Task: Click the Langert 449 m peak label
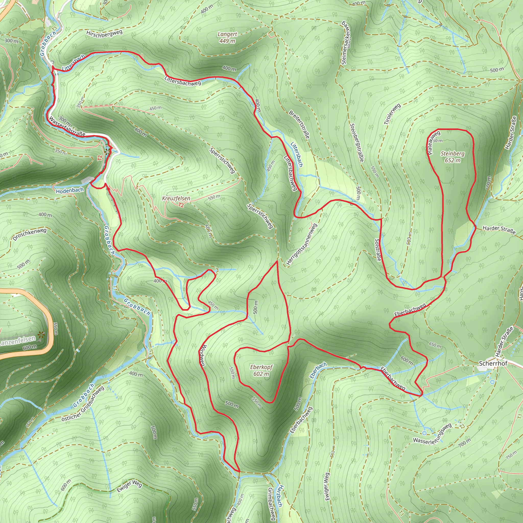[x=227, y=38]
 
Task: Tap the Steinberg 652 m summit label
[x=452, y=157]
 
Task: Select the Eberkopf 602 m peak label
[x=261, y=370]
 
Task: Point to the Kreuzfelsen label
[x=176, y=198]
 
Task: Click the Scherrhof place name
[x=493, y=363]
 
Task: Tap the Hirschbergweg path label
[x=104, y=33]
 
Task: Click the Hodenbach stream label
[x=70, y=191]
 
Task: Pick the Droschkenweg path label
[x=30, y=234]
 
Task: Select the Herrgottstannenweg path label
[x=302, y=244]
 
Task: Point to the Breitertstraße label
[x=299, y=125]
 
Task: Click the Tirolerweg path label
[x=392, y=114]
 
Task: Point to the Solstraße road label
[x=378, y=249]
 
